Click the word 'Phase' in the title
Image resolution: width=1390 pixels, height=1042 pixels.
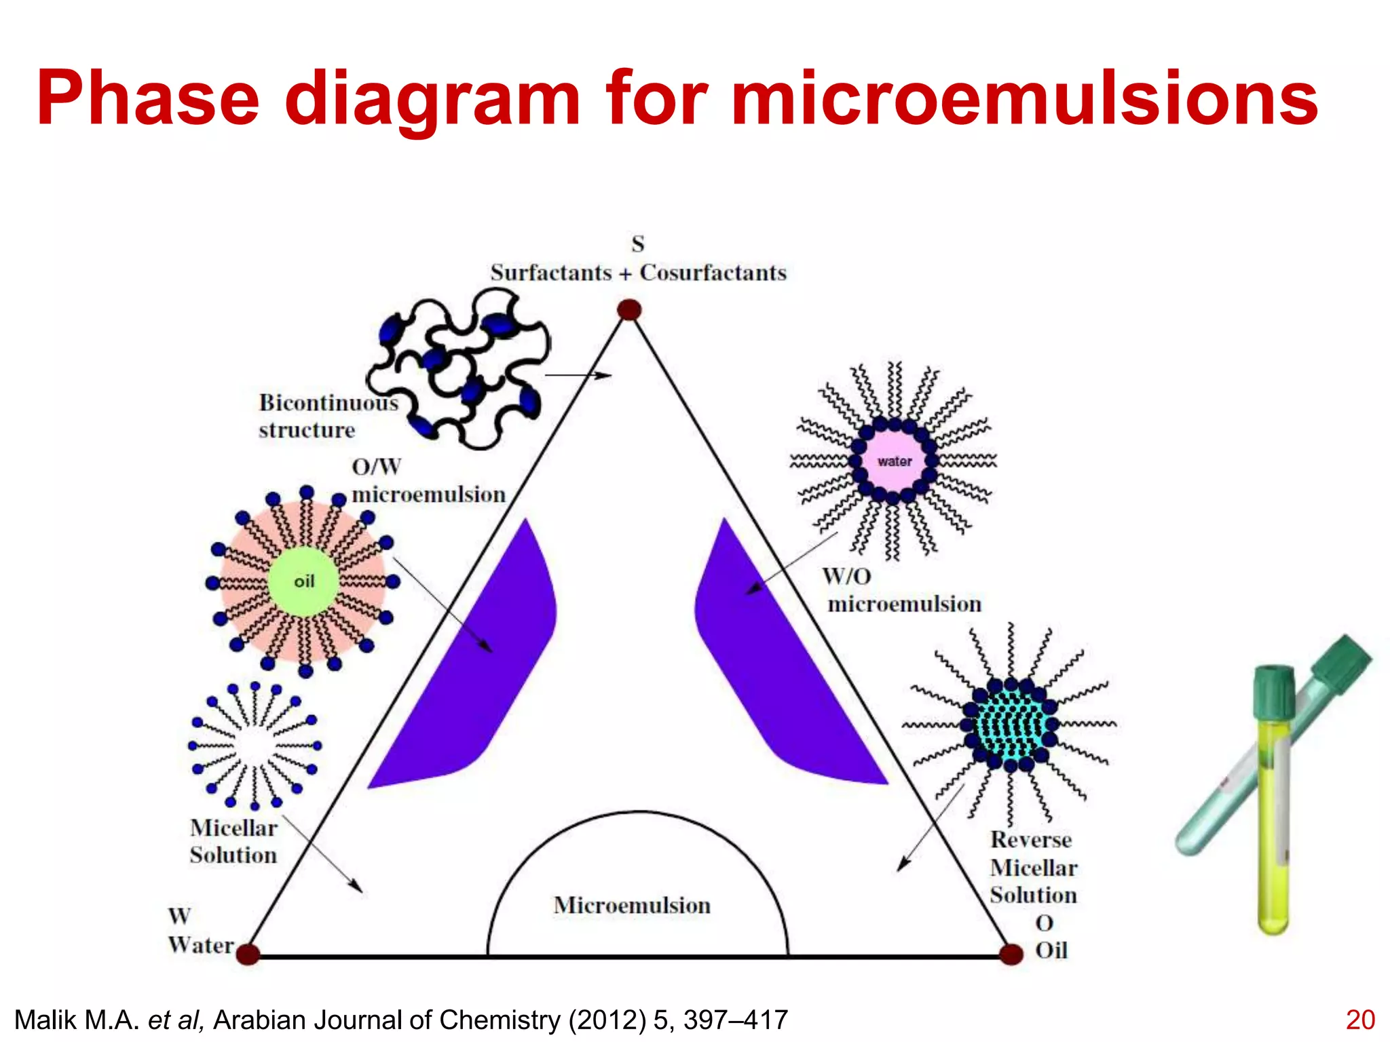point(148,99)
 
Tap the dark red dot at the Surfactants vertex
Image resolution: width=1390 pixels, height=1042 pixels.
point(629,310)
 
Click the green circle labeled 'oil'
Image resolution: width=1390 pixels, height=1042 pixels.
point(303,581)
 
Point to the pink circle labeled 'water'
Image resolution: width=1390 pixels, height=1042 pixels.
point(894,461)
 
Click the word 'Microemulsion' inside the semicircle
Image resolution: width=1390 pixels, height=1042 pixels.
point(632,906)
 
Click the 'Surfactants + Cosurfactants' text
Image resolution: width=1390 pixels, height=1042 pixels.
point(638,273)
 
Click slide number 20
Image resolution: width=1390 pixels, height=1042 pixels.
point(1359,1020)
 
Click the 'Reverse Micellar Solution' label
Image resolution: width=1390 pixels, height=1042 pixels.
point(1033,868)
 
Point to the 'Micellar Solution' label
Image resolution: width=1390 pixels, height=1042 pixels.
point(233,841)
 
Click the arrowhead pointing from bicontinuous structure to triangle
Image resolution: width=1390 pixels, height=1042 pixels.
point(603,375)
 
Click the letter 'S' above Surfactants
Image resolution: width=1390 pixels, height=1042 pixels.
point(638,244)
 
